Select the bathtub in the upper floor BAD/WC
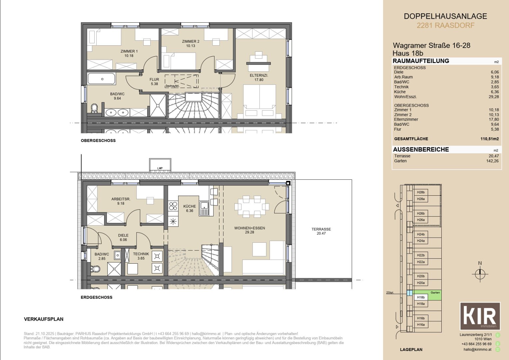[102, 79]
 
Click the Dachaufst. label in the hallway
[172, 86]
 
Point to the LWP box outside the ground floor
[160, 166]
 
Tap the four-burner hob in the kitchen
[173, 206]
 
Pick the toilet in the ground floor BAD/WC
[95, 268]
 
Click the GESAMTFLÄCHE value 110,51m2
[489, 139]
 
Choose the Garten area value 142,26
[492, 161]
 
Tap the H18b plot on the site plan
[421, 297]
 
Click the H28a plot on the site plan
[421, 199]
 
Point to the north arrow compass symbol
[480, 274]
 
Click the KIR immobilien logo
[480, 316]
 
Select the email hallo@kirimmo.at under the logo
[477, 349]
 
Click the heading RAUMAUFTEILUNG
[421, 61]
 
